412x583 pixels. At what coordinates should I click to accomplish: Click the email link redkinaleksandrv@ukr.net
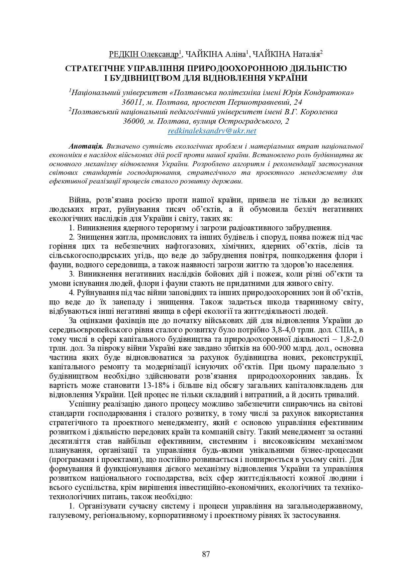tap(212, 131)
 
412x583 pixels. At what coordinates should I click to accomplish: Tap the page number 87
tap(206, 554)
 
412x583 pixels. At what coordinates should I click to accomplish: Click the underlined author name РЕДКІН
tap(123, 54)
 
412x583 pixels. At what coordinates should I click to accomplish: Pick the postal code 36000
tap(134, 121)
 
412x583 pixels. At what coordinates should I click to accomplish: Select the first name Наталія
tap(306, 54)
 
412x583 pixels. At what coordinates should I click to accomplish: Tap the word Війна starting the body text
tap(80, 200)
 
